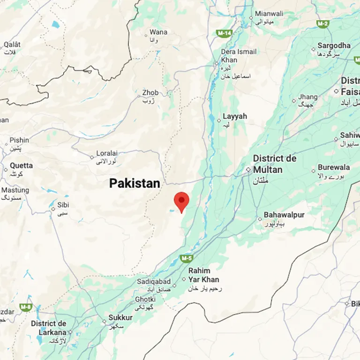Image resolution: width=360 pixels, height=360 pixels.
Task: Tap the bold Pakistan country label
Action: [x=135, y=183]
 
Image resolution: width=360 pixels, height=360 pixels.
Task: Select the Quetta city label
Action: [x=22, y=165]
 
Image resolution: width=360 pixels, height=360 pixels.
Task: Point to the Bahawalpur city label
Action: [x=284, y=215]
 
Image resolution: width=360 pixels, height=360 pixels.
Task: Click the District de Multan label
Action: [x=275, y=164]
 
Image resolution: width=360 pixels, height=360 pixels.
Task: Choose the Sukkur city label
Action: [x=120, y=318]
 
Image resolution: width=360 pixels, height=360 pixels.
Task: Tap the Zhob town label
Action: [x=150, y=93]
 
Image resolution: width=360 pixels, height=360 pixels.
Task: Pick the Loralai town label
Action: [x=107, y=153]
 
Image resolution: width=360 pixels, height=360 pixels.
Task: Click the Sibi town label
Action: [x=63, y=205]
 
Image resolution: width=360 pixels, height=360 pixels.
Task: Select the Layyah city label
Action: [x=235, y=116]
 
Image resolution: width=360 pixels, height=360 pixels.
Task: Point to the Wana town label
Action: [x=158, y=32]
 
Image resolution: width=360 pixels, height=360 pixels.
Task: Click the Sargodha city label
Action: [x=334, y=45]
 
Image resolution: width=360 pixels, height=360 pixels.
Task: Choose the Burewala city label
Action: [x=334, y=167]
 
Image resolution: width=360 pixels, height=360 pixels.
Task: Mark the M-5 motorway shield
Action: [x=187, y=258]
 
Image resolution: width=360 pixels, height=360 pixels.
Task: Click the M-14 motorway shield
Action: [x=225, y=33]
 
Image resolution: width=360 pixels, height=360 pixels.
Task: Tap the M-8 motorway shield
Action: [x=26, y=307]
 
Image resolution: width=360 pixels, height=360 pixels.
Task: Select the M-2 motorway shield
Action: [x=322, y=23]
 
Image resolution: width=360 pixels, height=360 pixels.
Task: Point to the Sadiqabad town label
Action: [x=154, y=281]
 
